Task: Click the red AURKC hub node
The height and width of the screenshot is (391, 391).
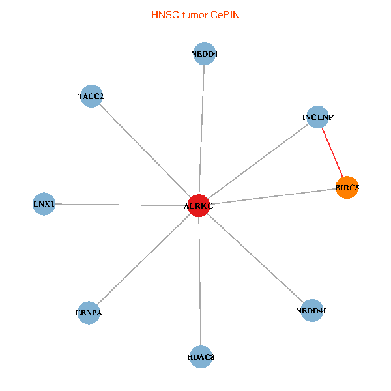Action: [x=198, y=206]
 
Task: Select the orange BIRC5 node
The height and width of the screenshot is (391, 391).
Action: [x=347, y=188]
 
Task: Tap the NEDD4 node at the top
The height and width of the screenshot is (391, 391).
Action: [x=205, y=54]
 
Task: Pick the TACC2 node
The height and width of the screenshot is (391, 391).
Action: [x=91, y=96]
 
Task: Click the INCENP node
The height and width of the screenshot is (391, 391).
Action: [x=317, y=117]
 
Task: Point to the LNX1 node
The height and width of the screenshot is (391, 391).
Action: [x=44, y=204]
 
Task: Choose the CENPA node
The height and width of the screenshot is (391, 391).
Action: [x=89, y=313]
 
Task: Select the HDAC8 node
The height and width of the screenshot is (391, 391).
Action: [x=201, y=356]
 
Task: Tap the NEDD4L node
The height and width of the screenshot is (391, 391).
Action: [x=312, y=311]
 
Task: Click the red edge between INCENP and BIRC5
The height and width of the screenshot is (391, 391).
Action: [x=332, y=152]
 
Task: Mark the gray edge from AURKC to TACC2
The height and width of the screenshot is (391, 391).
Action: [x=145, y=151]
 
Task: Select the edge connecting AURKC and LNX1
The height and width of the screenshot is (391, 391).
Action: [x=121, y=205]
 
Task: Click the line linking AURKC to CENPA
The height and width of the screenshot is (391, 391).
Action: [x=143, y=259]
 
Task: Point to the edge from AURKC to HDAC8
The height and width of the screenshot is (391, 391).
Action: [x=200, y=282]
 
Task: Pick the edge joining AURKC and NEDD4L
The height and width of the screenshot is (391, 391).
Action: [x=255, y=259]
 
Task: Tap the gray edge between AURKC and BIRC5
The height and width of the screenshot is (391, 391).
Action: [x=272, y=197]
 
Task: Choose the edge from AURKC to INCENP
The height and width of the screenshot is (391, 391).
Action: [x=258, y=162]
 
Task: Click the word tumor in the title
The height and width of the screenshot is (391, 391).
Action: [x=194, y=14]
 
